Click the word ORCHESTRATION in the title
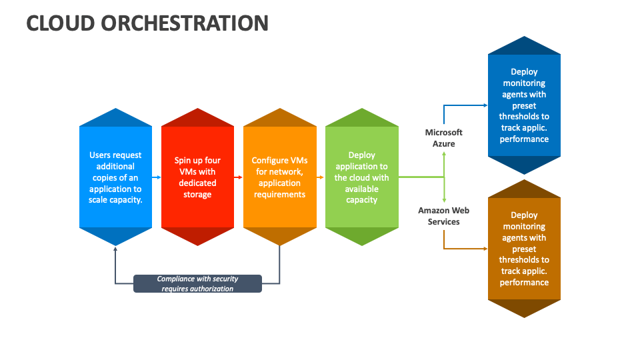[x=185, y=23]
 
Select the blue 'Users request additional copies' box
[x=116, y=177]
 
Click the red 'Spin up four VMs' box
[x=197, y=177]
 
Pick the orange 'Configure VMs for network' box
[x=279, y=177]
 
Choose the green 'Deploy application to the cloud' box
[x=361, y=177]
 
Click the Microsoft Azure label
[x=444, y=138]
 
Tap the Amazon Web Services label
[x=444, y=216]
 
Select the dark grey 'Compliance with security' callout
[x=197, y=284]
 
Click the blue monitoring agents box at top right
[x=524, y=106]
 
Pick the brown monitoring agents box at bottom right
[x=524, y=249]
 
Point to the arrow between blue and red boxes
[x=157, y=177]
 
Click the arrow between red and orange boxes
[x=239, y=177]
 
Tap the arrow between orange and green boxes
[x=321, y=177]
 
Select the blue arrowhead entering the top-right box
[x=485, y=105]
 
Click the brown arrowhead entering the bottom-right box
[x=485, y=249]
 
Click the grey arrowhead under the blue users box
[x=116, y=249]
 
